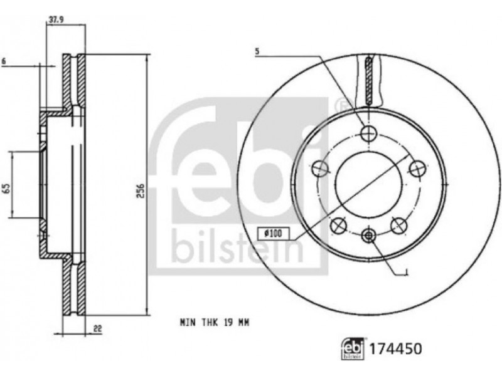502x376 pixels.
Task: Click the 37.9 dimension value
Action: click(56, 19)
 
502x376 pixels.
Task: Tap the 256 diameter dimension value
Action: click(141, 191)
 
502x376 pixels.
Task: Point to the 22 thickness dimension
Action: click(97, 328)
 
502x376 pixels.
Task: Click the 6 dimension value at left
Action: click(4, 61)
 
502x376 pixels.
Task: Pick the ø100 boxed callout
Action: click(273, 234)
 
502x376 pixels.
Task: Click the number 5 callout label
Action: click(257, 51)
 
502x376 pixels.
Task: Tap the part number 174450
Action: click(396, 348)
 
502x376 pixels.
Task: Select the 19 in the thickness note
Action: click(228, 322)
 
